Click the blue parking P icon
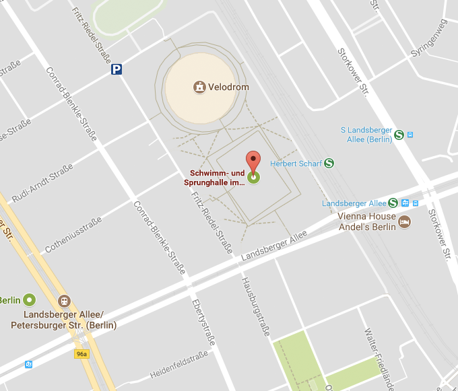pyautogui.click(x=117, y=69)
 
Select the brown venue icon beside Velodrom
pyautogui.click(x=199, y=87)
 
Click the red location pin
pyautogui.click(x=253, y=162)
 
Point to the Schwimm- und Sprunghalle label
pyautogui.click(x=216, y=178)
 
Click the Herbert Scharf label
pyautogui.click(x=296, y=163)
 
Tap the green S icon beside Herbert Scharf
pyautogui.click(x=329, y=163)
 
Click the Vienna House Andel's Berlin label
pyautogui.click(x=367, y=221)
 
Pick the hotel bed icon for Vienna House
pyautogui.click(x=404, y=221)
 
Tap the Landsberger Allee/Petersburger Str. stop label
pyautogui.click(x=64, y=320)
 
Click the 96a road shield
pyautogui.click(x=81, y=353)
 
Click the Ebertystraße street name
pyautogui.click(x=203, y=322)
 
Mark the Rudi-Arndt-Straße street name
pyautogui.click(x=42, y=183)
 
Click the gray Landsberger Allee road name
pyautogui.click(x=274, y=246)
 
